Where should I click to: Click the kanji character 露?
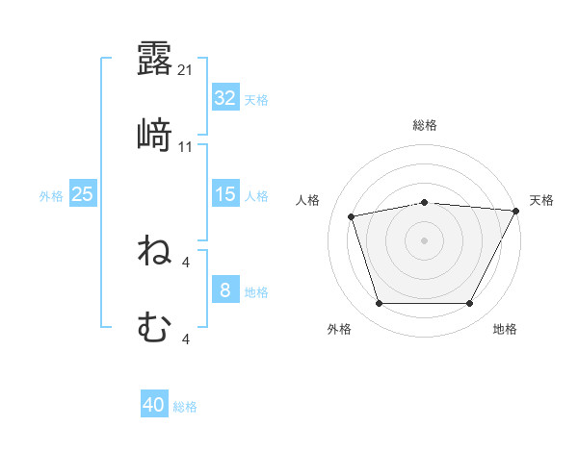[154, 59]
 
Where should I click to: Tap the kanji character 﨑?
[154, 137]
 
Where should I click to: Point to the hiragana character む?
[154, 329]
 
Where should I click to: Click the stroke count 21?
[186, 69]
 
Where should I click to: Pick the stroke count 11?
[186, 147]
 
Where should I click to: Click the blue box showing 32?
[224, 98]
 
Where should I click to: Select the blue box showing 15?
[224, 194]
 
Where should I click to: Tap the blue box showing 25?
[82, 194]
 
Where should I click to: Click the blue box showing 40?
[154, 406]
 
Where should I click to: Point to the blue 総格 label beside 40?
[185, 407]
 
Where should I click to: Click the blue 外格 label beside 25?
[51, 195]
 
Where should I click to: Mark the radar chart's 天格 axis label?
[541, 200]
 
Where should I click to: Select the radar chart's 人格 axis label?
[308, 200]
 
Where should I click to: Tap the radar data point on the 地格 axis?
[470, 304]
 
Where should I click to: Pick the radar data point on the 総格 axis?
[425, 203]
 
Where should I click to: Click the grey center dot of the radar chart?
[425, 239]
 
